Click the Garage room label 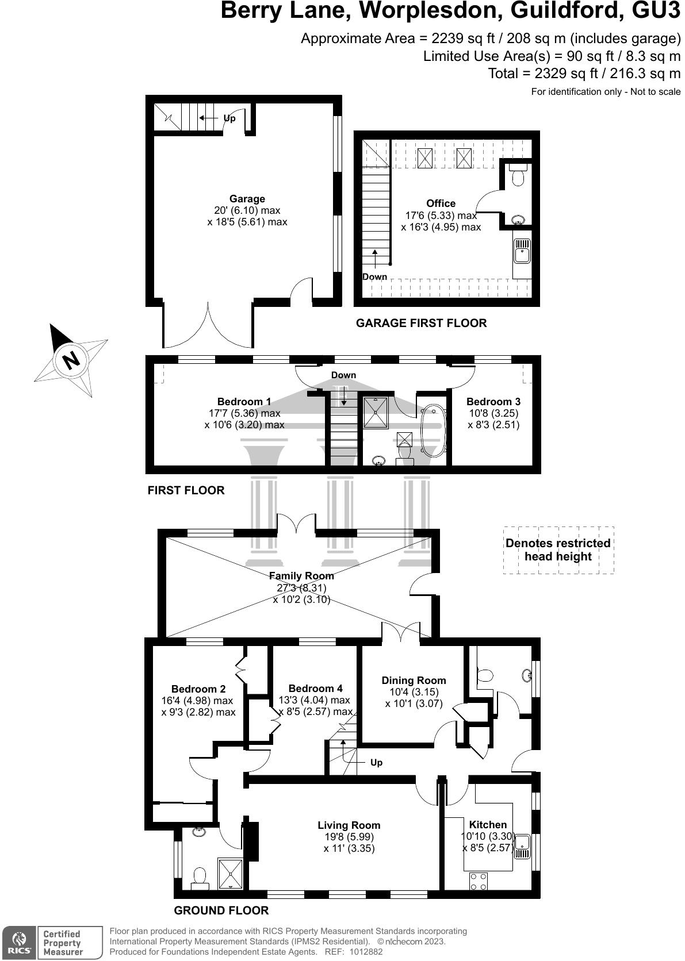pyautogui.click(x=247, y=199)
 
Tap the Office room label pyautogui.click(x=441, y=203)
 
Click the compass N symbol pyautogui.click(x=71, y=360)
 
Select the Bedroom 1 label pyautogui.click(x=244, y=402)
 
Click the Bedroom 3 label pyautogui.click(x=493, y=402)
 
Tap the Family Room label pyautogui.click(x=301, y=576)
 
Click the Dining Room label pyautogui.click(x=414, y=681)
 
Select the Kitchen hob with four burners pyautogui.click(x=479, y=881)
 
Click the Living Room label pyautogui.click(x=349, y=825)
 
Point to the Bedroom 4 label pyautogui.click(x=315, y=689)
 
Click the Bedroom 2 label pyautogui.click(x=198, y=689)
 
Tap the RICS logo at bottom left pyautogui.click(x=18, y=941)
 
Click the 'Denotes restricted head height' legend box pyautogui.click(x=558, y=550)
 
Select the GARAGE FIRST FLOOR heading pyautogui.click(x=421, y=323)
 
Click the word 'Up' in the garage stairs pyautogui.click(x=229, y=118)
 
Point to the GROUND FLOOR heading pyautogui.click(x=221, y=910)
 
